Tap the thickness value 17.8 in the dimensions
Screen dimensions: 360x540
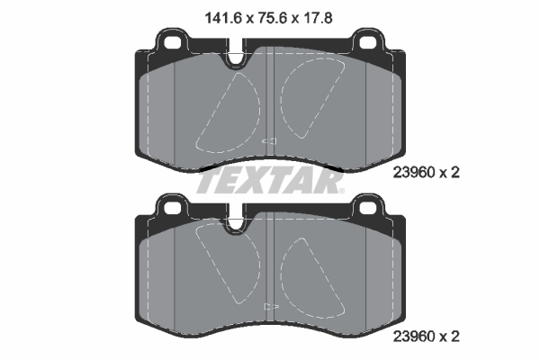point(323,14)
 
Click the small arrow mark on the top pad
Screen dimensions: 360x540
point(267,141)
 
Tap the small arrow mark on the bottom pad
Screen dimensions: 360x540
point(267,306)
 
